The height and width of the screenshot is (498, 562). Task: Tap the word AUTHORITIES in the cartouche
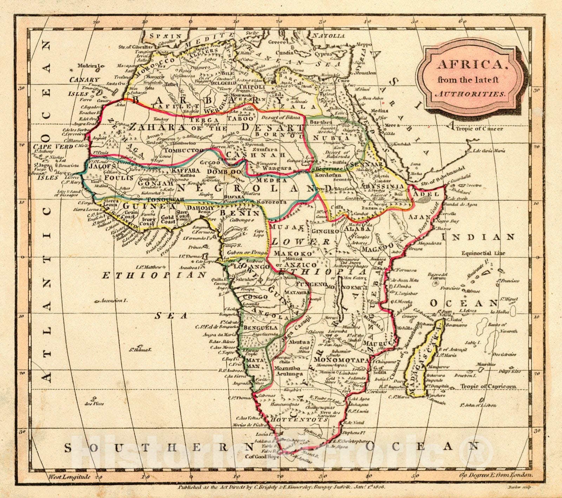tap(470, 94)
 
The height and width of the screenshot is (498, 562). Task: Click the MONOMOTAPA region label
tap(341, 360)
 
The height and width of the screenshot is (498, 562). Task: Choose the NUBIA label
tap(338, 138)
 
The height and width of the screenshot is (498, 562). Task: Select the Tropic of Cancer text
tap(479, 128)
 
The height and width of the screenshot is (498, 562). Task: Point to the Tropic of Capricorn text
tap(488, 386)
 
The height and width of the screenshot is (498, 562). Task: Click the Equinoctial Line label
tap(483, 253)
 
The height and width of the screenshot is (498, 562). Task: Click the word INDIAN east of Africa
tap(478, 237)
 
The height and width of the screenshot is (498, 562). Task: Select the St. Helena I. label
tap(140, 350)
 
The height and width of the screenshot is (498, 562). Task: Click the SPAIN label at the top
tap(165, 36)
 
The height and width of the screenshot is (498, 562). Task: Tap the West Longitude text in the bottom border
tap(69, 477)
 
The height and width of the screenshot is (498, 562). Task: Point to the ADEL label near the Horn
tap(427, 194)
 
